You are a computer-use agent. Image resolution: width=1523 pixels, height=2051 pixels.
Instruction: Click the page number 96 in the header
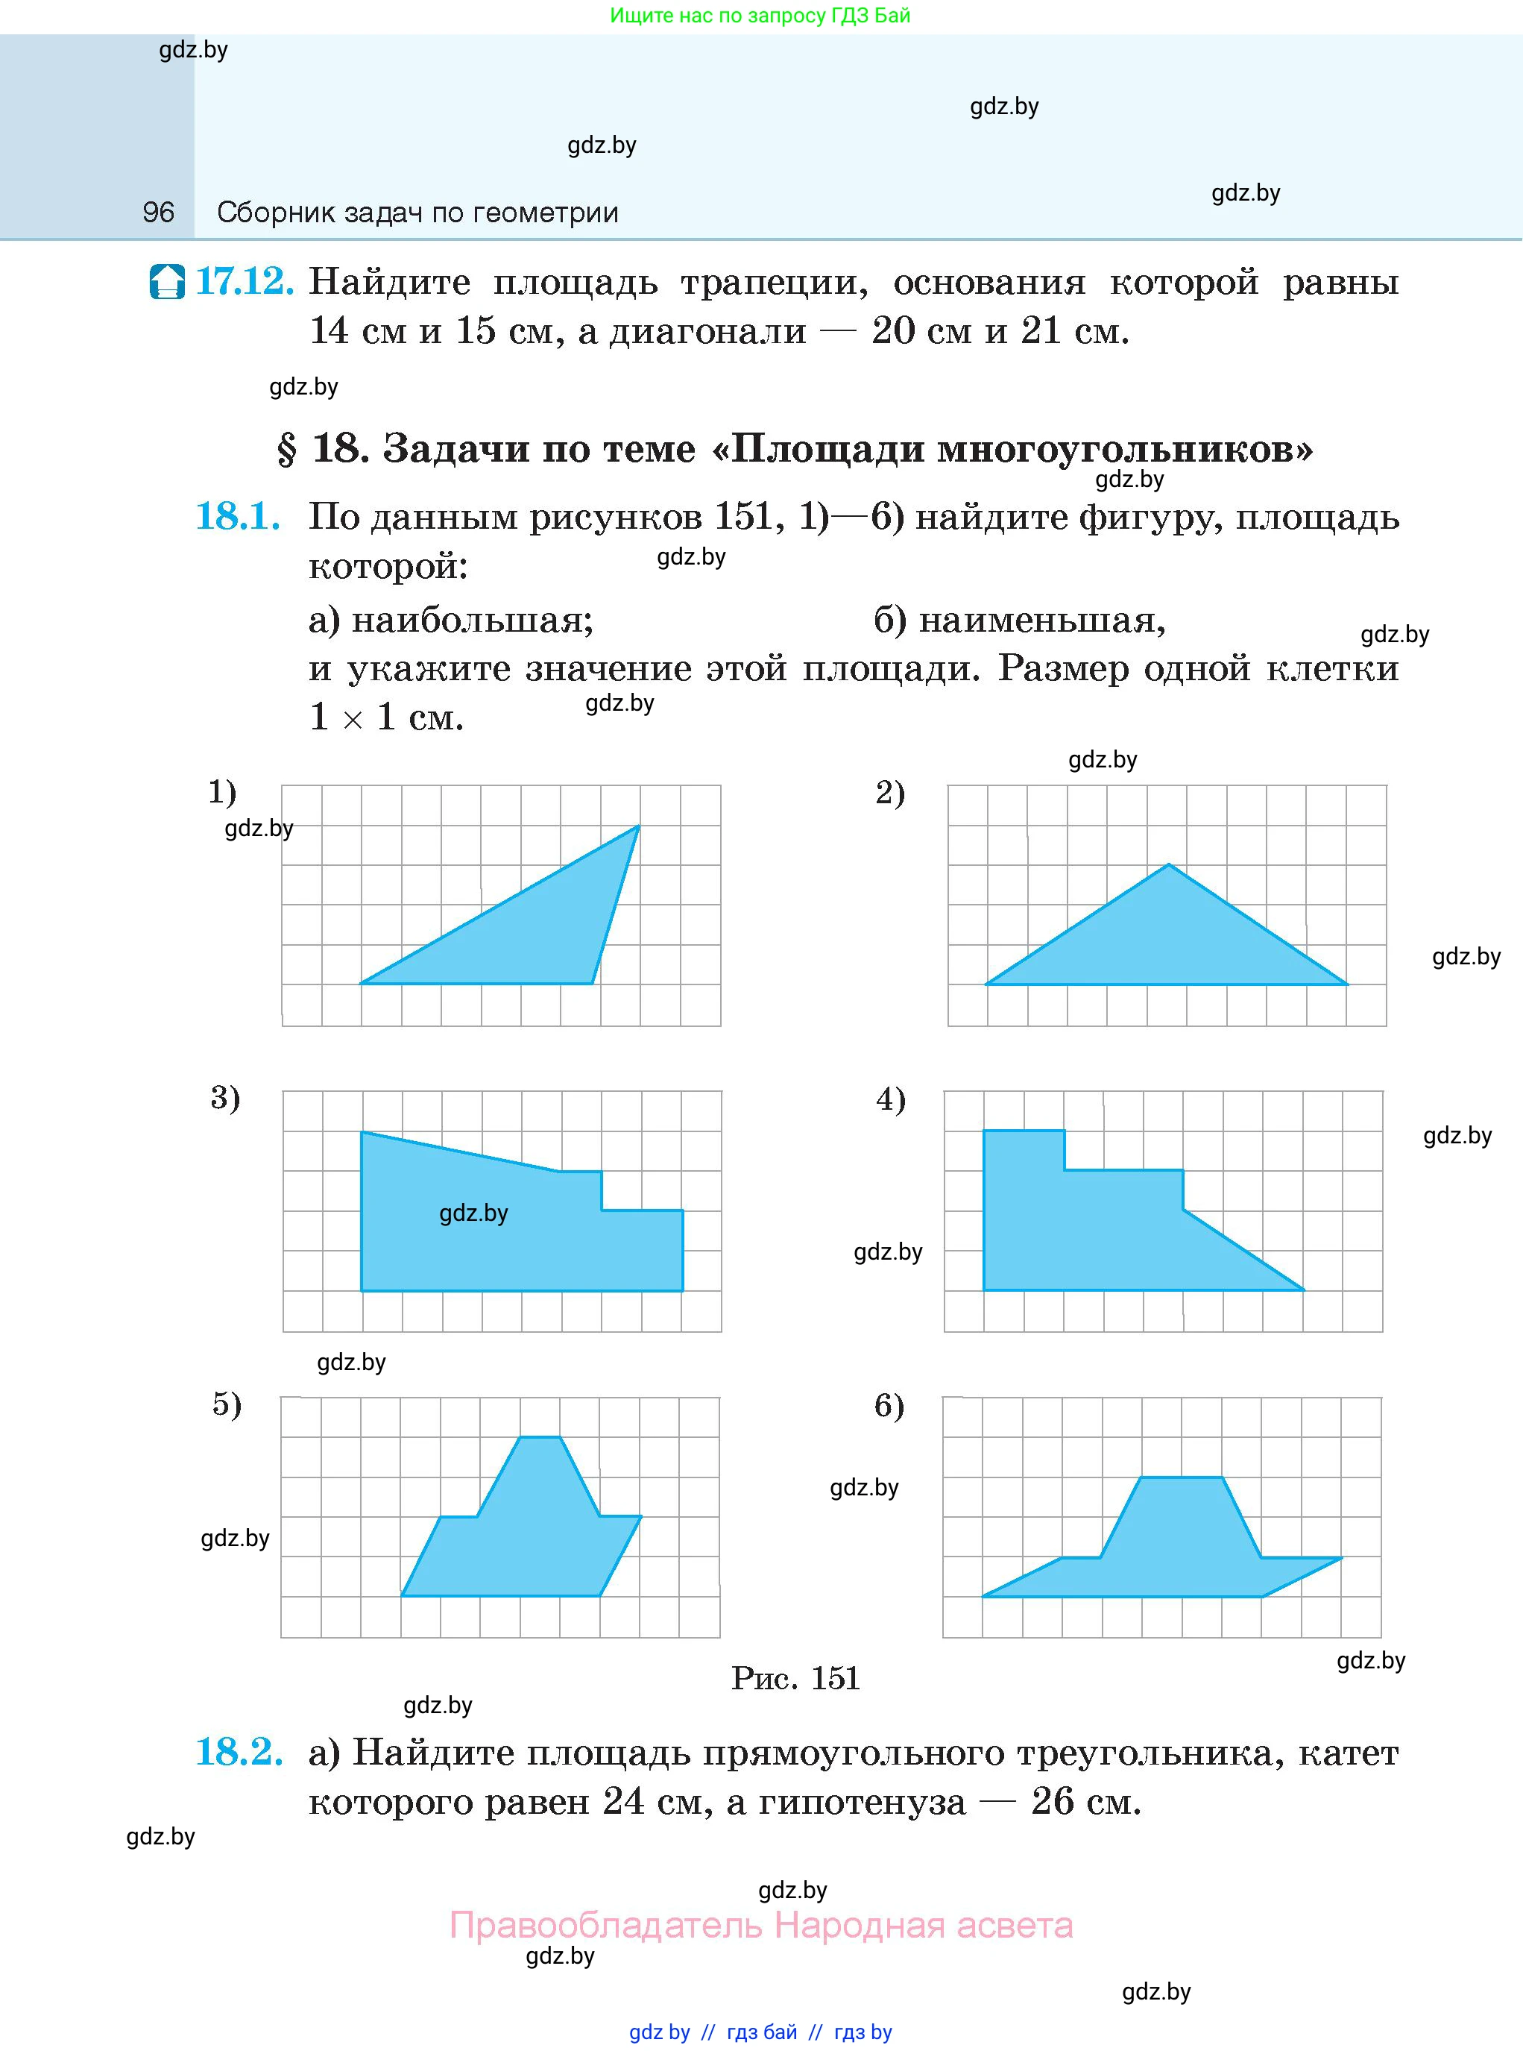coord(159,213)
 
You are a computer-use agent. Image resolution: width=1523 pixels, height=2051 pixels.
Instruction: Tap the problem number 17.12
coord(245,281)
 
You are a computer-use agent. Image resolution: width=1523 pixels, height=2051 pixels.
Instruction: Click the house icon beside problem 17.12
coord(167,281)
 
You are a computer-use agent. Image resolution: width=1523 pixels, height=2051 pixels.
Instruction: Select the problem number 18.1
coord(238,516)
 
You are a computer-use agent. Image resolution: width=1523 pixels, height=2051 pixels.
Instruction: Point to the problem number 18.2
coord(239,1751)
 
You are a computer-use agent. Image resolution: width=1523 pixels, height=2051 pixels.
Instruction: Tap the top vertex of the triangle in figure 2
coord(1169,864)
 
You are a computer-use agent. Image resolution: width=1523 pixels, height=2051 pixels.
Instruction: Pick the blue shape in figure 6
coord(1180,1549)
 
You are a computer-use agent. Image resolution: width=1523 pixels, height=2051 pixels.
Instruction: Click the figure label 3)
coord(225,1097)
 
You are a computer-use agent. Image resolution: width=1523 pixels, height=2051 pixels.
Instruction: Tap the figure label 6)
coord(889,1405)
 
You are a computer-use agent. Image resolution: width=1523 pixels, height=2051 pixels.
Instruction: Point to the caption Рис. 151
coord(795,1677)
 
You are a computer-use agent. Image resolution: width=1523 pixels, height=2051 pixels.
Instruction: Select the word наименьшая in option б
coord(1041,620)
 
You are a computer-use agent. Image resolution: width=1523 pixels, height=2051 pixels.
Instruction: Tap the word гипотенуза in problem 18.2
coord(862,1801)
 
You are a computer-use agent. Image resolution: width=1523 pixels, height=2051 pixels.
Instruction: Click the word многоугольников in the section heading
coord(1125,449)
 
